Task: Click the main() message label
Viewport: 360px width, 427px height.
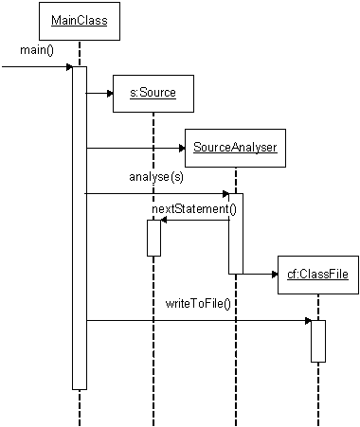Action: pos(37,50)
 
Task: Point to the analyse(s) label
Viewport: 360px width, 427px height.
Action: pos(156,177)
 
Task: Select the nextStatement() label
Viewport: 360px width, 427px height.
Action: pos(194,209)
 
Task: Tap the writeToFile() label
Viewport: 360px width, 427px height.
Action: pos(198,304)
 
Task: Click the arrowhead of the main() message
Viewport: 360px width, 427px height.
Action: pos(69,67)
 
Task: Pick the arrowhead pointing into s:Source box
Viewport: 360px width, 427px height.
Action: pos(110,94)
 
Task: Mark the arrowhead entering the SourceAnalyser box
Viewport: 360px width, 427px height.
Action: pos(182,148)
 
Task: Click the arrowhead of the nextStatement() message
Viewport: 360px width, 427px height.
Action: pos(164,220)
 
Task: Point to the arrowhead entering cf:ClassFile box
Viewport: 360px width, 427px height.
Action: pos(275,275)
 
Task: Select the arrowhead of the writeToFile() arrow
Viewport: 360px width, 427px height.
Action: pos(308,321)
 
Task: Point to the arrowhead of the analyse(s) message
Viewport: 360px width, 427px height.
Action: pos(225,194)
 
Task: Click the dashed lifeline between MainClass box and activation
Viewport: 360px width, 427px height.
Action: pos(80,53)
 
